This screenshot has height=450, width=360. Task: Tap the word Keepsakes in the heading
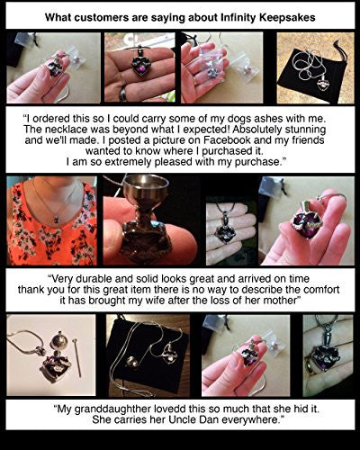tap(287, 17)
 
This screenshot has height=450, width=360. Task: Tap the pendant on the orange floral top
tap(57, 220)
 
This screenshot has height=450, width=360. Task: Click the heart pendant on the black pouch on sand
tap(324, 82)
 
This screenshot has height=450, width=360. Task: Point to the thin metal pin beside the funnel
tap(76, 357)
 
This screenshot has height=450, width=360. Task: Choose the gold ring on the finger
tap(310, 364)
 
